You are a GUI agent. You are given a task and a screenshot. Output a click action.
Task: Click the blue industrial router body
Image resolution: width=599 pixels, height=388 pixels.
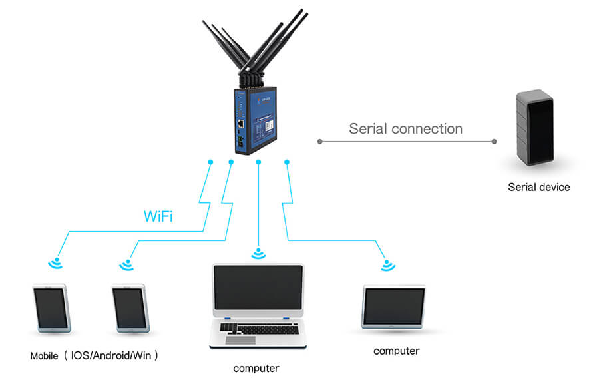[257, 120]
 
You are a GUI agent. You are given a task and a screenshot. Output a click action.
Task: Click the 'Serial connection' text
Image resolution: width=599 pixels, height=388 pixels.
[405, 128]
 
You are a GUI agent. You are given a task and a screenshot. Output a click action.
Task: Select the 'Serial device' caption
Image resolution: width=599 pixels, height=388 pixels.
[538, 187]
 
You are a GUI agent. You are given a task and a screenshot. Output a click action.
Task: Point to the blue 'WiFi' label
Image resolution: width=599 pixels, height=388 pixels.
[159, 216]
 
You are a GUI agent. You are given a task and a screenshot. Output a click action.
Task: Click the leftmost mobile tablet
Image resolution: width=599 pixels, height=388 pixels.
[51, 308]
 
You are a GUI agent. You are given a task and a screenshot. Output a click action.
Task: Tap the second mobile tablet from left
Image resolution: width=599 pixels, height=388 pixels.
[130, 308]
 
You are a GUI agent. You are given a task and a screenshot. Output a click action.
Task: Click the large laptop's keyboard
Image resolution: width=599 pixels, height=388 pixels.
[257, 329]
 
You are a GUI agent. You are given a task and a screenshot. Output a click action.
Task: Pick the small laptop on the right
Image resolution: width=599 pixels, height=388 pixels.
[393, 307]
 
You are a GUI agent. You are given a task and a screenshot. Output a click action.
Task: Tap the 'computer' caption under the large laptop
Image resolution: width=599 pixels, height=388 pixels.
[256, 368]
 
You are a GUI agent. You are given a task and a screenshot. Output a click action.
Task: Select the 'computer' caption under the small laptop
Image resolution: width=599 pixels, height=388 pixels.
[397, 351]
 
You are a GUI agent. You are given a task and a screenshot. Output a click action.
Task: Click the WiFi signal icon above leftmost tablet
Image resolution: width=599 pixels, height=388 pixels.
[55, 263]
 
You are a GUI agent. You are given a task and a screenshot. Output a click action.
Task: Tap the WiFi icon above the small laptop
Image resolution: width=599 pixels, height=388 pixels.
[388, 265]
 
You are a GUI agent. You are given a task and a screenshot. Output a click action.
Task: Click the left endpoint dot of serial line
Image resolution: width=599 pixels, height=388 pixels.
[319, 141]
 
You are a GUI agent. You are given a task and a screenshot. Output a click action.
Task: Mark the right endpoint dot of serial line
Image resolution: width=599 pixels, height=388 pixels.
[494, 141]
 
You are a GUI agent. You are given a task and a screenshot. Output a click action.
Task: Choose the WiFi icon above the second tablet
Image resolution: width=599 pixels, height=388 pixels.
[126, 264]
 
